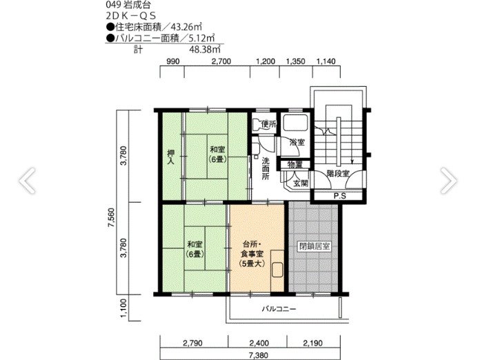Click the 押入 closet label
tap(170, 157)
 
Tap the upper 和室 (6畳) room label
tap(217, 154)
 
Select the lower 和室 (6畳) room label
tap(194, 249)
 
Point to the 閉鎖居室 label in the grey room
tap(315, 246)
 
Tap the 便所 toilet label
tap(268, 124)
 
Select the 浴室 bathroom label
tap(297, 142)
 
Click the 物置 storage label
tap(295, 164)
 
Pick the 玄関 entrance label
tap(301, 183)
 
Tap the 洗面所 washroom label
tap(265, 169)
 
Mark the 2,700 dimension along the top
tap(221, 61)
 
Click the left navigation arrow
tap(27, 180)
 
